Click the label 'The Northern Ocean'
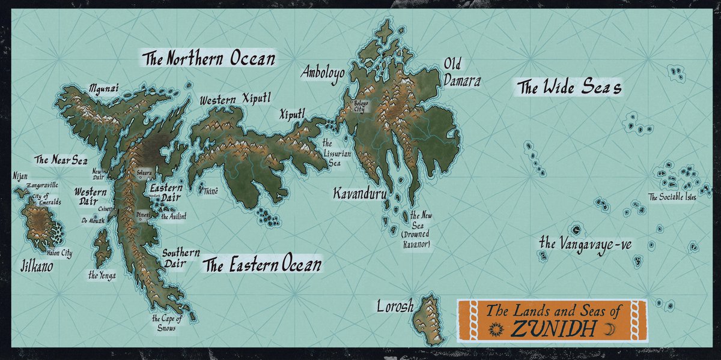pyautogui.click(x=208, y=59)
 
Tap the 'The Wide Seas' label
pyautogui.click(x=569, y=88)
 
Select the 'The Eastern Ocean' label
pyautogui.click(x=261, y=265)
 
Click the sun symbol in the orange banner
pyautogui.click(x=496, y=329)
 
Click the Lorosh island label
pyautogui.click(x=395, y=307)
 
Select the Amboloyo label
pyautogui.click(x=323, y=73)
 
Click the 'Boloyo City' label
pyautogui.click(x=364, y=106)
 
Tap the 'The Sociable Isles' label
pyautogui.click(x=672, y=197)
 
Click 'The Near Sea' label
pyautogui.click(x=61, y=160)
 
